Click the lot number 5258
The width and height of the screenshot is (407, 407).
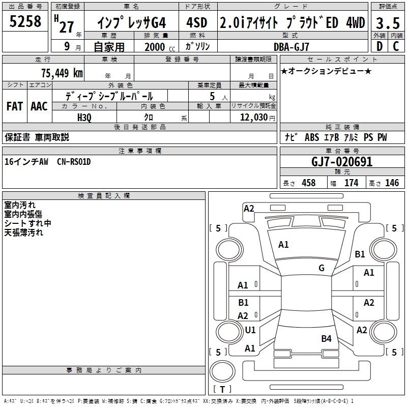point(25,21)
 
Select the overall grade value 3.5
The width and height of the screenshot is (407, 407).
point(388,23)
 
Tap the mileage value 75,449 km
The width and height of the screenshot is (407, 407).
point(62,73)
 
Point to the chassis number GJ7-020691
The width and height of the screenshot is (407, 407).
point(342,162)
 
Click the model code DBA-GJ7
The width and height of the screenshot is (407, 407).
point(292,47)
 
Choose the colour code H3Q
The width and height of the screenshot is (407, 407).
point(84,118)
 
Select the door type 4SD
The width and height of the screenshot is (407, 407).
point(197,22)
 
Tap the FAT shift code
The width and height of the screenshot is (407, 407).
point(15,106)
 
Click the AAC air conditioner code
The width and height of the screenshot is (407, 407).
point(39,106)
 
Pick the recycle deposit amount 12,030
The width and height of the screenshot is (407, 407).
point(254,118)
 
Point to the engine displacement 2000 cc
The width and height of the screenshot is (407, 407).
point(160,47)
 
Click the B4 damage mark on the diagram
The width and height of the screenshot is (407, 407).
point(326,338)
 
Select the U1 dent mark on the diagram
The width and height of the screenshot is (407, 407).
point(250,330)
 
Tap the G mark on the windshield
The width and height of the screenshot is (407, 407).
point(322,268)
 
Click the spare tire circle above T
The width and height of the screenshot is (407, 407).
point(222,371)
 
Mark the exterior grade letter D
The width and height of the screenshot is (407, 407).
point(380,46)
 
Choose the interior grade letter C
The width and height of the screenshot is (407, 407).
point(396,46)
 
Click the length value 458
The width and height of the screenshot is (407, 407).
point(309,183)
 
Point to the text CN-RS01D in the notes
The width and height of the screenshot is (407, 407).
point(74,162)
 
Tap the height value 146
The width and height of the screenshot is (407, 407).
point(392,183)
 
